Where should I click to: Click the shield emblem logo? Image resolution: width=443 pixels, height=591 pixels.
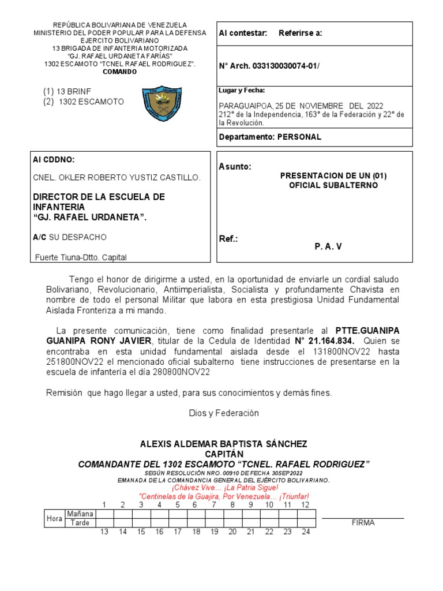pos(163,103)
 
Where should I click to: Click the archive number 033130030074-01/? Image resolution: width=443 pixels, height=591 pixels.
pos(285,66)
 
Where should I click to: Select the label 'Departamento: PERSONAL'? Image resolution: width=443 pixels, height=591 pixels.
pos(270,137)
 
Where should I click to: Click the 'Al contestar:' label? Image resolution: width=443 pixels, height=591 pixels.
pos(243,33)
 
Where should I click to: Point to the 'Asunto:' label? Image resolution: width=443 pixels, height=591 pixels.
pos(235,167)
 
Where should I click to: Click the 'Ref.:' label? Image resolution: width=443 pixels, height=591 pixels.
pos(228,239)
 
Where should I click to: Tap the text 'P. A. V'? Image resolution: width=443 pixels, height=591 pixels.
pos(328,246)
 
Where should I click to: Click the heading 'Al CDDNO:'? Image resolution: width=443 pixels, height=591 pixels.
pos(54,160)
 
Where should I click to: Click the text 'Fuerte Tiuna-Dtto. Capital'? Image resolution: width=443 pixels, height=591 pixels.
pos(81,257)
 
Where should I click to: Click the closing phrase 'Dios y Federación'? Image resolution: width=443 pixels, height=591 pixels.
pos(224,413)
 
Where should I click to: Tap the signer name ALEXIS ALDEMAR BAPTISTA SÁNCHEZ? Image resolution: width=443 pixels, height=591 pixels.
pos(224,444)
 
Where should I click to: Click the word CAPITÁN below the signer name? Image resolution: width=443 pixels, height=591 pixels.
pos(224,454)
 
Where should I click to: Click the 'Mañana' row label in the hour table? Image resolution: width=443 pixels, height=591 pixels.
pos(80,514)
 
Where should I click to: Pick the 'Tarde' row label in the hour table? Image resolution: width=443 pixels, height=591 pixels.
pos(80,523)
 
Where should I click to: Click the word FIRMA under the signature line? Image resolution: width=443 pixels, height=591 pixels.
pos(363,523)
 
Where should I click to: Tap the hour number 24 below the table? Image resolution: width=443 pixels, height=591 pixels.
pos(306,532)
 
